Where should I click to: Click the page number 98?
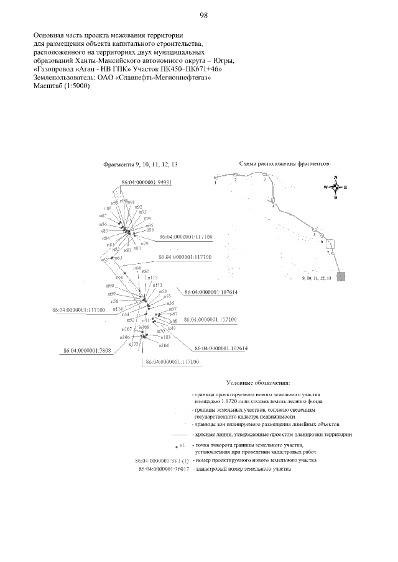tap(203, 15)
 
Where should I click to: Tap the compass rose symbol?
tap(335, 187)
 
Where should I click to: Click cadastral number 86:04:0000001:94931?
tap(146, 183)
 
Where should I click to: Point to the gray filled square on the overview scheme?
tap(342, 276)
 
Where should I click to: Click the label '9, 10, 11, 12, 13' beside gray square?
tap(315, 279)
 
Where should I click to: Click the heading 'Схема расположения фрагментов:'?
tap(285, 164)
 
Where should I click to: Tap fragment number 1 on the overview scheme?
tap(215, 183)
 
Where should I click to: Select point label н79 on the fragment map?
tap(144, 244)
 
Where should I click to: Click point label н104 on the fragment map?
tap(164, 345)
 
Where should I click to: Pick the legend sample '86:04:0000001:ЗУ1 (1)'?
tap(162, 461)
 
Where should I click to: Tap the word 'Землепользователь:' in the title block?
tap(62, 78)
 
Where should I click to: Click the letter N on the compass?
tap(335, 177)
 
